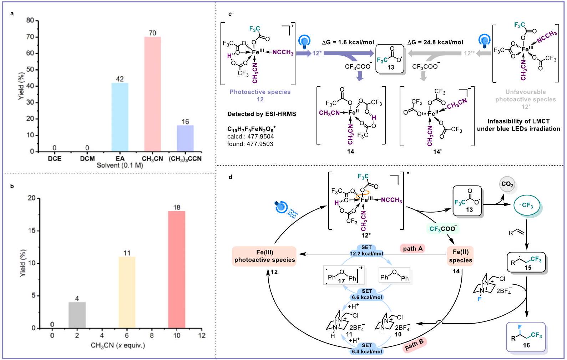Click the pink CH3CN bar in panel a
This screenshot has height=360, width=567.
tap(152, 94)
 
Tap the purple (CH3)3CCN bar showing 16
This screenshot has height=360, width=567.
tap(185, 138)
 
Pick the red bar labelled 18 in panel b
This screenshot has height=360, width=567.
tap(177, 269)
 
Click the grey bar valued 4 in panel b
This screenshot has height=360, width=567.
tap(77, 315)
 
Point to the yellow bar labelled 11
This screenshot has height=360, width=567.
tap(127, 292)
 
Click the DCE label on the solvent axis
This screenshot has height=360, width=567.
tap(55, 159)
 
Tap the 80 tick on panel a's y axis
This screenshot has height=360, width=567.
tap(30, 21)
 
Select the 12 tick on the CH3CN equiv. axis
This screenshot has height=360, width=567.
tap(202, 335)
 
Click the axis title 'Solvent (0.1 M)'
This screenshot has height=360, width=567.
tap(120, 166)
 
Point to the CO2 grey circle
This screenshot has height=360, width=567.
tap(507, 184)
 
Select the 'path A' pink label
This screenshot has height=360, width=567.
tap(412, 249)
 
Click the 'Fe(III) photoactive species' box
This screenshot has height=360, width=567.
tap(264, 256)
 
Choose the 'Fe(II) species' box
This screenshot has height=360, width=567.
tap(460, 256)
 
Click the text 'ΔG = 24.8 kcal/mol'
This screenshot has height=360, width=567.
tap(435, 42)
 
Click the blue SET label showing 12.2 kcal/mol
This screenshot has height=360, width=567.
tap(366, 250)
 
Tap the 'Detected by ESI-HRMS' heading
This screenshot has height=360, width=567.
tap(262, 114)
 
